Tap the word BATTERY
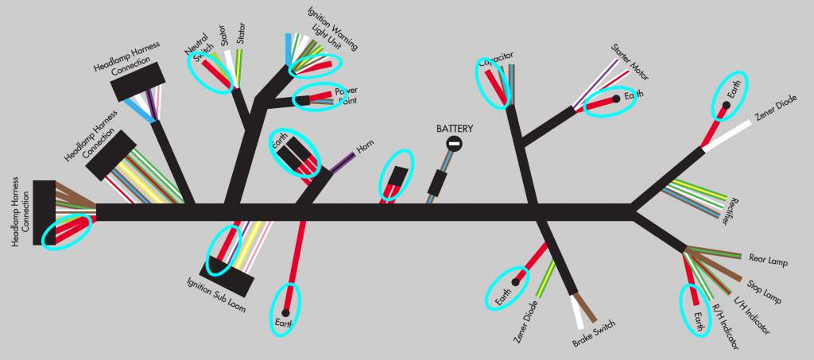[454, 128]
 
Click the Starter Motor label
[630, 63]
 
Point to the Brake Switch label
[593, 334]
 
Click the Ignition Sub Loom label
[215, 295]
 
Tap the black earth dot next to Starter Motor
[616, 99]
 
